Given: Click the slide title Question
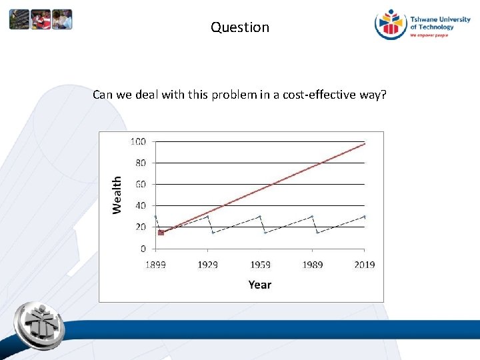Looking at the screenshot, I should click(x=240, y=27).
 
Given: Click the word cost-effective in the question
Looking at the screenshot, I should click(x=317, y=95).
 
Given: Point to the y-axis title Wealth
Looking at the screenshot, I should click(x=117, y=195).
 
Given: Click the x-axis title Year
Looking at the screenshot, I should click(x=259, y=285).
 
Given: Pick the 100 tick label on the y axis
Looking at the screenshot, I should click(x=138, y=141).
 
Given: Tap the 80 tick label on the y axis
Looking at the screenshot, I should click(x=141, y=163).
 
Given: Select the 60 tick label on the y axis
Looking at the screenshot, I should click(x=141, y=184).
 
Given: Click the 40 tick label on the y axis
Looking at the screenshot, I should click(x=141, y=205).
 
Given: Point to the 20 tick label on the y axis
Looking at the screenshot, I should click(x=141, y=227).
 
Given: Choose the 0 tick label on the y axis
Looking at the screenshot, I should click(x=143, y=249).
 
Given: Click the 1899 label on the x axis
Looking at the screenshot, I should click(x=155, y=265).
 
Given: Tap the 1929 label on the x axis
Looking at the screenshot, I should click(x=207, y=265).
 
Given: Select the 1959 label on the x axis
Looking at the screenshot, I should click(x=260, y=265).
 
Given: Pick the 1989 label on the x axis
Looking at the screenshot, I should click(x=312, y=265).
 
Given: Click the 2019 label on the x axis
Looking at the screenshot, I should click(x=364, y=265).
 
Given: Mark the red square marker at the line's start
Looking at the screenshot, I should click(x=161, y=233).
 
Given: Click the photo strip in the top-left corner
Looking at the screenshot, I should click(x=41, y=20).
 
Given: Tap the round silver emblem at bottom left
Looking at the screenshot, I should click(x=40, y=323).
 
